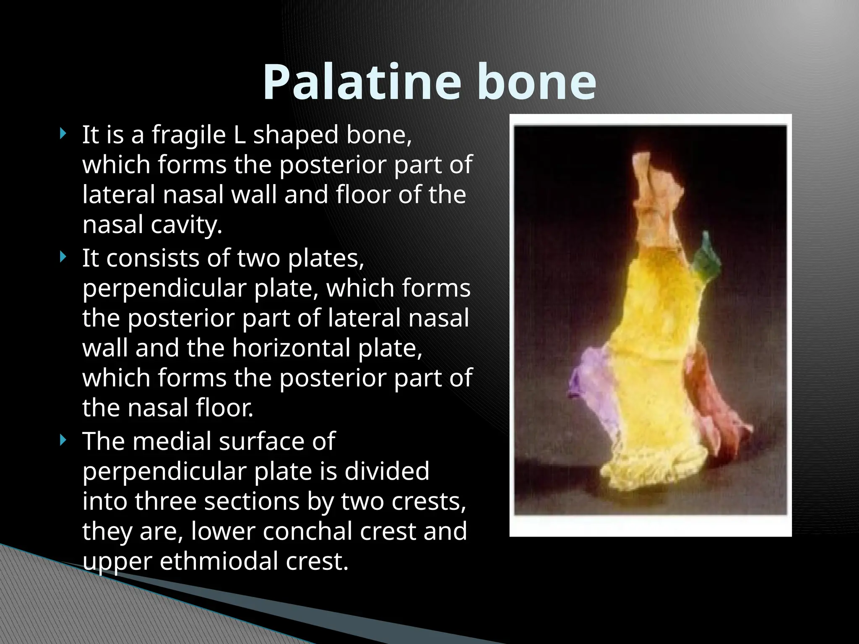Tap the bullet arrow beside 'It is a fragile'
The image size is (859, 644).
[x=63, y=134]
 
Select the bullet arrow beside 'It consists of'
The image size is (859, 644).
[x=63, y=257]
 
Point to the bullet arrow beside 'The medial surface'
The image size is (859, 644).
[x=63, y=440]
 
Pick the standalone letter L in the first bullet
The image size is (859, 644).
[x=239, y=135]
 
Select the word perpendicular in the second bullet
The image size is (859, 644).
[x=165, y=288]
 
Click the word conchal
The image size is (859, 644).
[x=308, y=531]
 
